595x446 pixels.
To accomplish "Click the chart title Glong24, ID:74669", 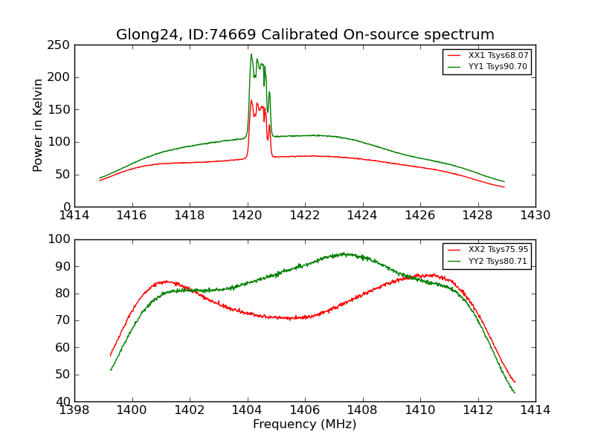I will coord(305,35).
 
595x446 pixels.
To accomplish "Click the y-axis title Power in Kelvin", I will coord(38,126).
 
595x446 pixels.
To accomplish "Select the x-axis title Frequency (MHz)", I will coord(305,424).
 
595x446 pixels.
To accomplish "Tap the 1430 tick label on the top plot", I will coord(535,216).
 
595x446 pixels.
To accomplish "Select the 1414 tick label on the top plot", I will coord(74,216).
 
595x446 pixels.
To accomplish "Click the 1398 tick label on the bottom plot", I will coord(74,410).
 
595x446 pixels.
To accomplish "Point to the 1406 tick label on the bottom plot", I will coord(305,410).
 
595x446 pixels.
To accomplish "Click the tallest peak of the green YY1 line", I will coord(251,54).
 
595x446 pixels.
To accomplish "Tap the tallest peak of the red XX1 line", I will coord(251,100).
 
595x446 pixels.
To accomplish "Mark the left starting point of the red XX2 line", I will coord(110,356).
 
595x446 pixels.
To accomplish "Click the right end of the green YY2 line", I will coord(515,392).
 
